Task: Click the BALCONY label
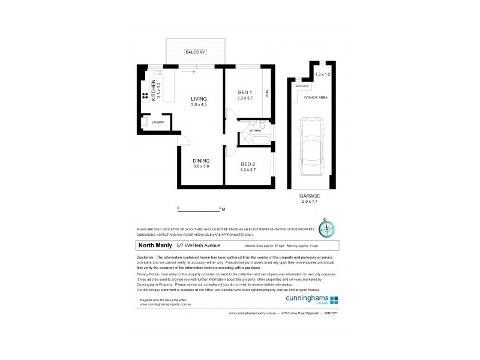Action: tap(196, 53)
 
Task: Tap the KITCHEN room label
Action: tap(154, 91)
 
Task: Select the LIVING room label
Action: tap(199, 99)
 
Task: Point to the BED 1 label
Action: tap(245, 92)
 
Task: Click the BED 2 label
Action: tap(248, 164)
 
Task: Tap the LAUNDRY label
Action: tap(158, 122)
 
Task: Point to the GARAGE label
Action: tap(310, 196)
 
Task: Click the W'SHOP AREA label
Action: tap(315, 97)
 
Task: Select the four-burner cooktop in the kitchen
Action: tap(145, 96)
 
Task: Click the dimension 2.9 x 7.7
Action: tap(310, 202)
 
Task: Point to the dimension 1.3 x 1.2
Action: tap(323, 74)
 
